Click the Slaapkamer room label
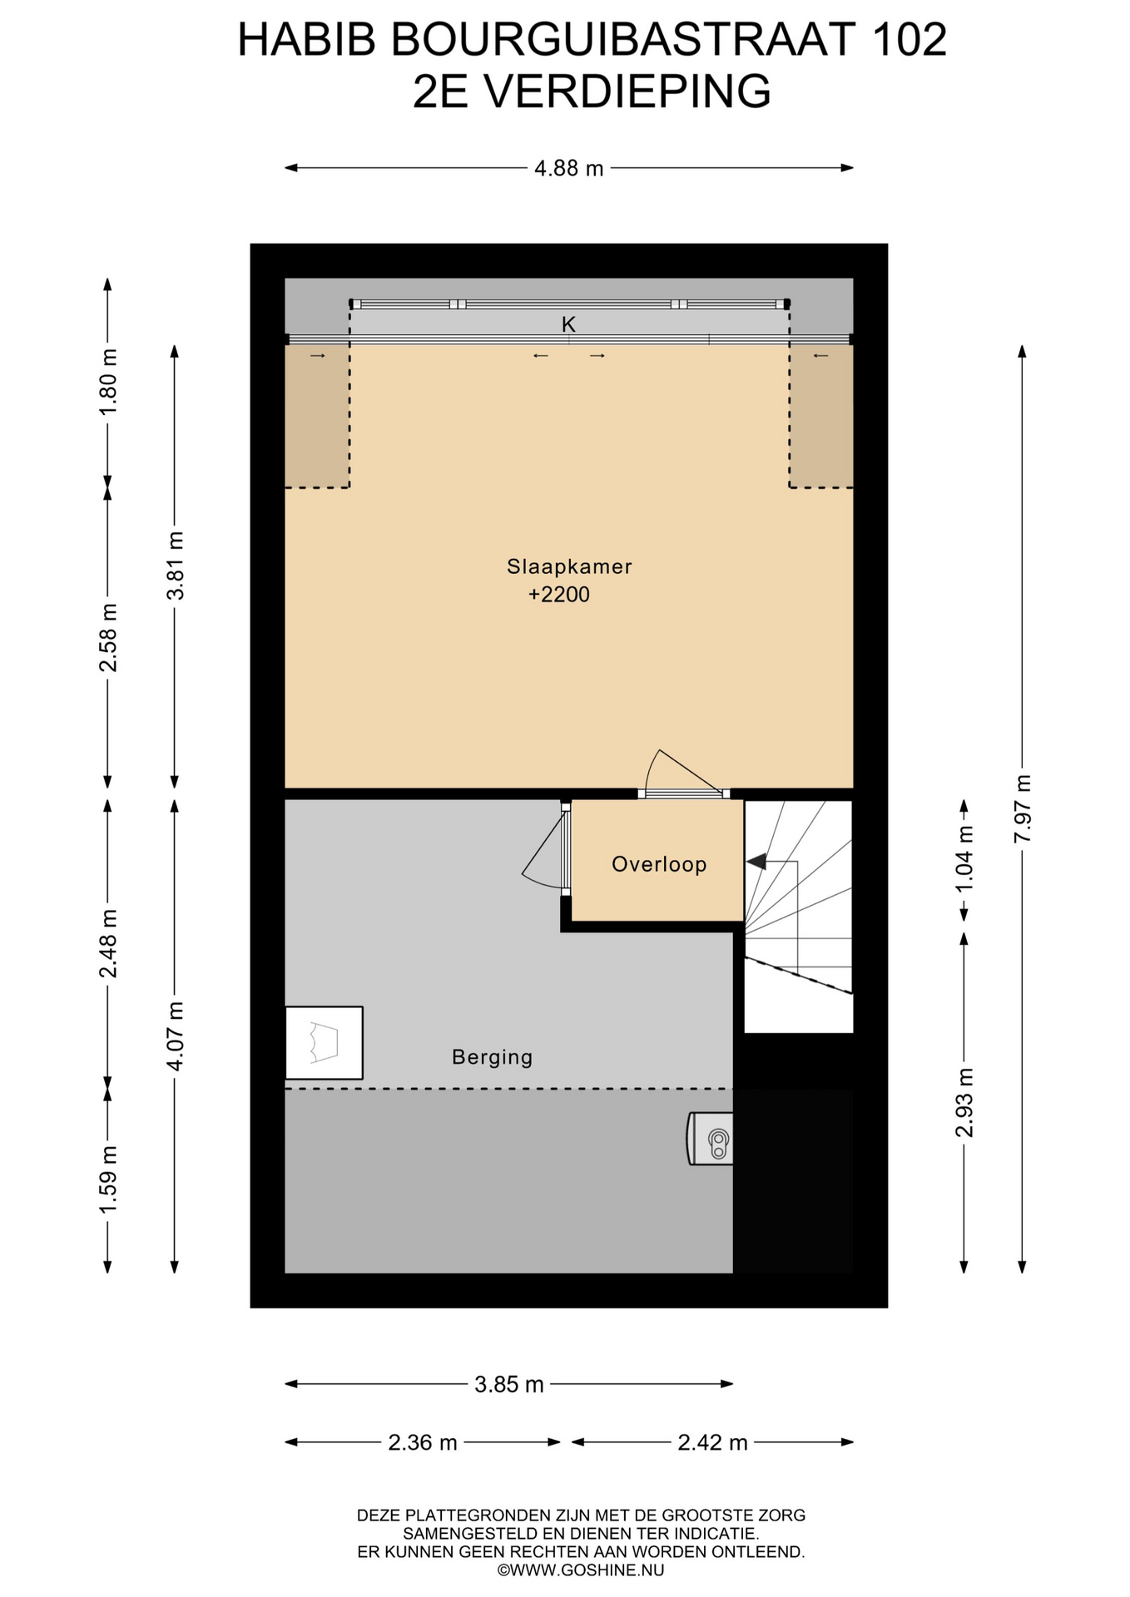[569, 566]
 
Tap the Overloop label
[659, 864]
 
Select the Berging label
[492, 1057]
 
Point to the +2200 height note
[559, 595]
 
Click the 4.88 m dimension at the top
[569, 169]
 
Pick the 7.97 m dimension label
[1023, 808]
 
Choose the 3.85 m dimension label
[508, 1385]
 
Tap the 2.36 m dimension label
[423, 1442]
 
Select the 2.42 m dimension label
[712, 1442]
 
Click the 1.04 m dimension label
[964, 858]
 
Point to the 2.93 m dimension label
[964, 1102]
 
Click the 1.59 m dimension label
[108, 1179]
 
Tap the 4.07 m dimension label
[175, 1036]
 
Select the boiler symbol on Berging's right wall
[711, 1139]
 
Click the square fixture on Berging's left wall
[324, 1043]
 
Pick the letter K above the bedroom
[569, 324]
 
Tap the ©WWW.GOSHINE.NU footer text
[581, 1570]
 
